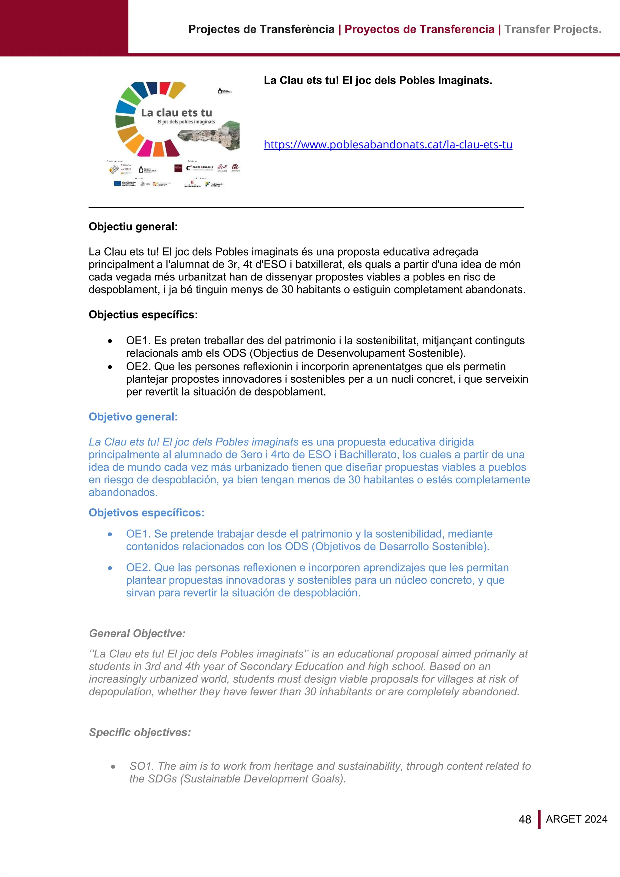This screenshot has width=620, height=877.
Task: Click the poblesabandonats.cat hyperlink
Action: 387,145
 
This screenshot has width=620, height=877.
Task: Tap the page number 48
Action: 525,819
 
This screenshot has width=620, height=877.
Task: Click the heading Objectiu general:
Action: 133,227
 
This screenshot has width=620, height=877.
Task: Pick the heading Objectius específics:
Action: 143,314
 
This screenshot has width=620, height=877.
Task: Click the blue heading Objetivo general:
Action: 133,417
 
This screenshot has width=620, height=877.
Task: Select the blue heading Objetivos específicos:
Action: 146,513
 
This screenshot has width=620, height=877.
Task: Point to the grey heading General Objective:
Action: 137,633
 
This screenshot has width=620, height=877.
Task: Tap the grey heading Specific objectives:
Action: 140,732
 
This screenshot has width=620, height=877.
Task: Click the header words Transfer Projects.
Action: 552,29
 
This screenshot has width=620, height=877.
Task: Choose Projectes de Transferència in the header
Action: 261,29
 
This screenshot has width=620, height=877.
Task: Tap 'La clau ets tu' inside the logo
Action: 176,113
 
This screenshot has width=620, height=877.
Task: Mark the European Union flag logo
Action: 117,183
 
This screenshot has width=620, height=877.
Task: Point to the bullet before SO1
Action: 113,766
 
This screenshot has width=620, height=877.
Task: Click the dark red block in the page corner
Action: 64,28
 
